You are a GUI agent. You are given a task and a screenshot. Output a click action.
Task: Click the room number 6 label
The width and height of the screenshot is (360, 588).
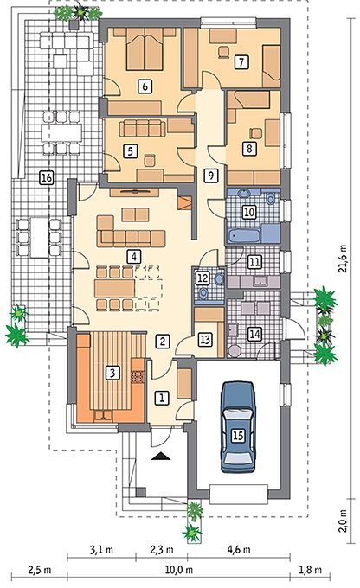click(x=145, y=86)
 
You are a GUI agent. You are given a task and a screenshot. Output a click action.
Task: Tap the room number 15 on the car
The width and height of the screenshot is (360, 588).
click(x=238, y=435)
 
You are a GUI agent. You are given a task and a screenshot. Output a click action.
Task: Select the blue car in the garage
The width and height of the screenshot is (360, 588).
click(x=238, y=426)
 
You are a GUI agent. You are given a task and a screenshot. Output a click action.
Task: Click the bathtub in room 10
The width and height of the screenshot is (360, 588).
click(x=244, y=236)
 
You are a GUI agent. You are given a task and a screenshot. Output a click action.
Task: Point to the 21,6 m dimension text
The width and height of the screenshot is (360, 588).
click(x=343, y=259)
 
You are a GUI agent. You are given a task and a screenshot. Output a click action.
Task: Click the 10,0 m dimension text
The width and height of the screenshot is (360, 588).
click(x=179, y=570)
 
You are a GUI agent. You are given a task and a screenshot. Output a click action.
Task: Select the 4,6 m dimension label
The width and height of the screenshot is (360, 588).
click(x=239, y=550)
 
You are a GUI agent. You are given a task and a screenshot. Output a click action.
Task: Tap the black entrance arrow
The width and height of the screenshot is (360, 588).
click(x=161, y=456)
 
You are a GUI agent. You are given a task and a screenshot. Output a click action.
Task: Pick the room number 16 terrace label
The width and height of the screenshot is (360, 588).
click(x=47, y=177)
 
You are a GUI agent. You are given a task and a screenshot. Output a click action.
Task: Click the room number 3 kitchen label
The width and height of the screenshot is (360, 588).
click(x=112, y=373)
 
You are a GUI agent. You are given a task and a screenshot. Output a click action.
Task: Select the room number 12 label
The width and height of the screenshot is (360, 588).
click(x=202, y=278)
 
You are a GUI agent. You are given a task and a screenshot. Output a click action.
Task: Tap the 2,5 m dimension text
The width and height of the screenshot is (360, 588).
click(x=40, y=570)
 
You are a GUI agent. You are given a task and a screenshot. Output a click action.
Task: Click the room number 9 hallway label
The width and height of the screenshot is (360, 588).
click(x=210, y=176)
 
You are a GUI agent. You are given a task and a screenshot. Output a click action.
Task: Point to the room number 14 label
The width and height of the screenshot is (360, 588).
click(x=254, y=334)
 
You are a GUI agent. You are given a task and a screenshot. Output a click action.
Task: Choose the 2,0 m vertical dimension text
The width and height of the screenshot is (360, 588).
click(x=343, y=521)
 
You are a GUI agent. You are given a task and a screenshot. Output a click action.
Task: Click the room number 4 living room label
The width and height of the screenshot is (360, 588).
click(x=133, y=257)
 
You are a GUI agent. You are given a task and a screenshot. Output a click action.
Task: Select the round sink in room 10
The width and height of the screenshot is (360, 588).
click(x=244, y=194)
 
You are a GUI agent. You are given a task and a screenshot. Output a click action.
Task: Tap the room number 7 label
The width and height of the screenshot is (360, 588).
click(x=241, y=61)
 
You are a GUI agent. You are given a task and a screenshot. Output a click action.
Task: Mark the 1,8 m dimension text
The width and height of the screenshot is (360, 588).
click(x=310, y=570)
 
